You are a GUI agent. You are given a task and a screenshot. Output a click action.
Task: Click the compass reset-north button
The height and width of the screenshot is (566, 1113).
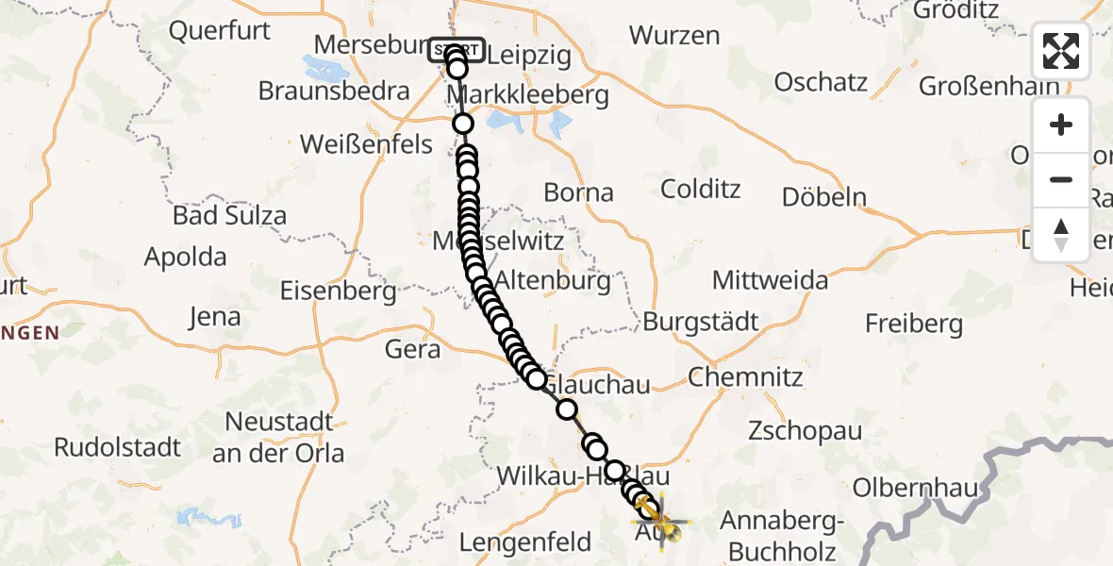pyautogui.click(x=1061, y=234)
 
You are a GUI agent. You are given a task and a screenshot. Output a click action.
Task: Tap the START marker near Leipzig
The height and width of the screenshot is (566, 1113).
pyautogui.click(x=457, y=50)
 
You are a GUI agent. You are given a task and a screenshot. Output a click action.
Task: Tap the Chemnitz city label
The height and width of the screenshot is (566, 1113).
pyautogui.click(x=745, y=377)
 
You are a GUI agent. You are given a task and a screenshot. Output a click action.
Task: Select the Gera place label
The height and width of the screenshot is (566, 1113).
pyautogui.click(x=412, y=349)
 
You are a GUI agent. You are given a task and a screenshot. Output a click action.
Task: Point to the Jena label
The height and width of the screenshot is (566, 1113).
pyautogui.click(x=215, y=317)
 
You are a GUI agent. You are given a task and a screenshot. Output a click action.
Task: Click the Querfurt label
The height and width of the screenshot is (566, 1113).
pyautogui.click(x=219, y=30)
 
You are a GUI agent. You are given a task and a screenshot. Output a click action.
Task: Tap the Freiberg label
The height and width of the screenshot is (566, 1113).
pyautogui.click(x=914, y=325)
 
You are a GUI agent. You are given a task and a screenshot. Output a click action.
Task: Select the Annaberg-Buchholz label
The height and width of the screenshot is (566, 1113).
pyautogui.click(x=778, y=533)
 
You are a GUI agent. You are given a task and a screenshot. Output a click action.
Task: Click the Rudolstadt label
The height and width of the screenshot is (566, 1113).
pyautogui.click(x=117, y=446)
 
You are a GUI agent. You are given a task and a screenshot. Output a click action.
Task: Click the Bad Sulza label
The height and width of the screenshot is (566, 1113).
pyautogui.click(x=229, y=214)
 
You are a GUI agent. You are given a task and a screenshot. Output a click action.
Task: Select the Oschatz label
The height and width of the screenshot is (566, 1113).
pyautogui.click(x=821, y=82)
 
